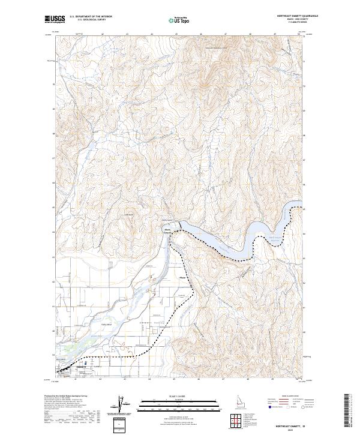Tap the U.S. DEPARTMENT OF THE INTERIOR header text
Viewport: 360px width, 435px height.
(x=91, y=17)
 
